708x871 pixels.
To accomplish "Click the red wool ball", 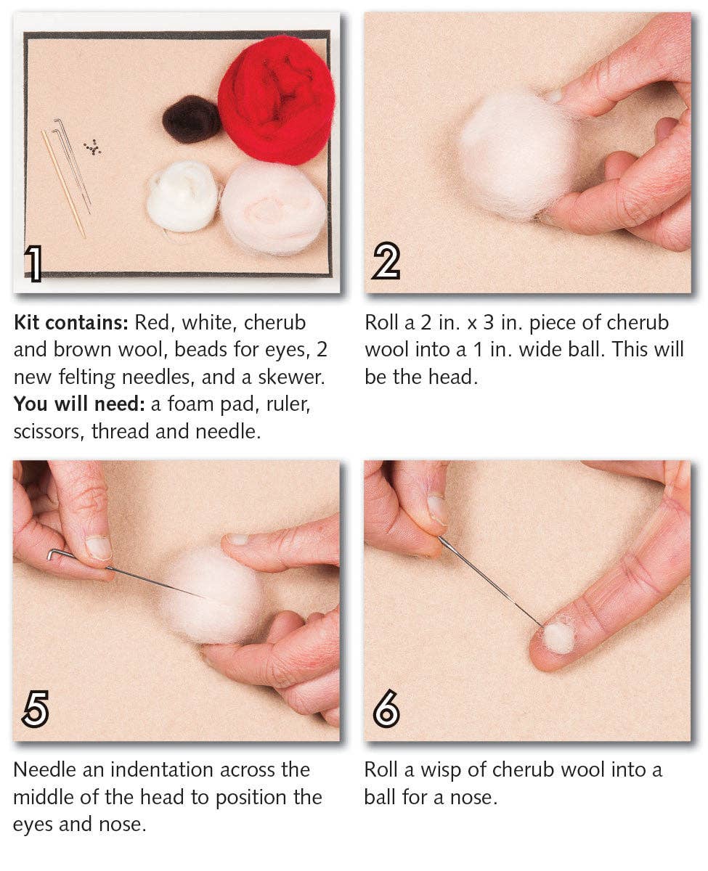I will tap(277, 99).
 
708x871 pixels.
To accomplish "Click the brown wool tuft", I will tap(191, 119).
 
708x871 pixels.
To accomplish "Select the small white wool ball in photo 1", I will tap(182, 196).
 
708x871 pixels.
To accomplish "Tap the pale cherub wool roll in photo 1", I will tap(273, 208).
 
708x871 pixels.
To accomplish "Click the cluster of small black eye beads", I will tap(92, 147).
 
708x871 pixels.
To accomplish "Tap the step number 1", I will tap(33, 263).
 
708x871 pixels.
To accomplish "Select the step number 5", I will tap(35, 709).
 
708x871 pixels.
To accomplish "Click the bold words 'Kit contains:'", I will tap(71, 323).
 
